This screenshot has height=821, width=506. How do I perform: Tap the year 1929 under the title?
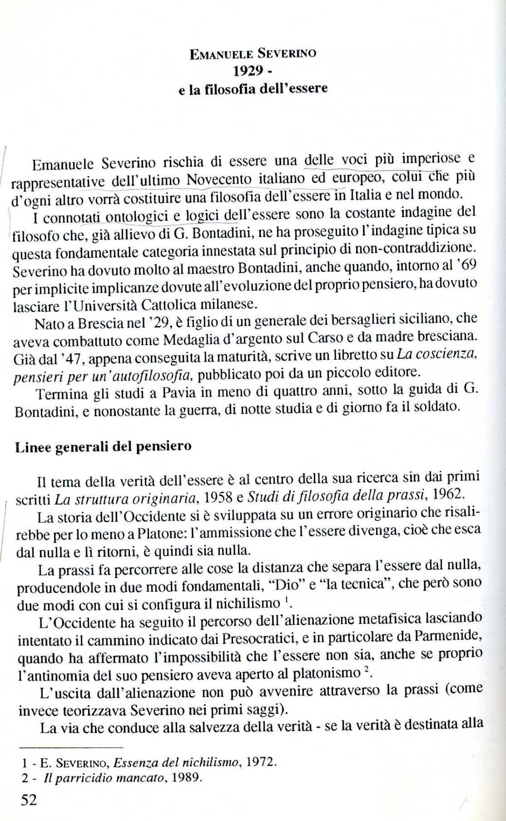[248, 71]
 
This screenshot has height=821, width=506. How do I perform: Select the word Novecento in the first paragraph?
[219, 180]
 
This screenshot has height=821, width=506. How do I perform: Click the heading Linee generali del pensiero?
[103, 447]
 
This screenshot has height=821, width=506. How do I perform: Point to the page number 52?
[29, 800]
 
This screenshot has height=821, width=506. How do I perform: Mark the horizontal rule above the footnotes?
[71, 747]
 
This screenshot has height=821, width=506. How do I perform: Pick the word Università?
[102, 306]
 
